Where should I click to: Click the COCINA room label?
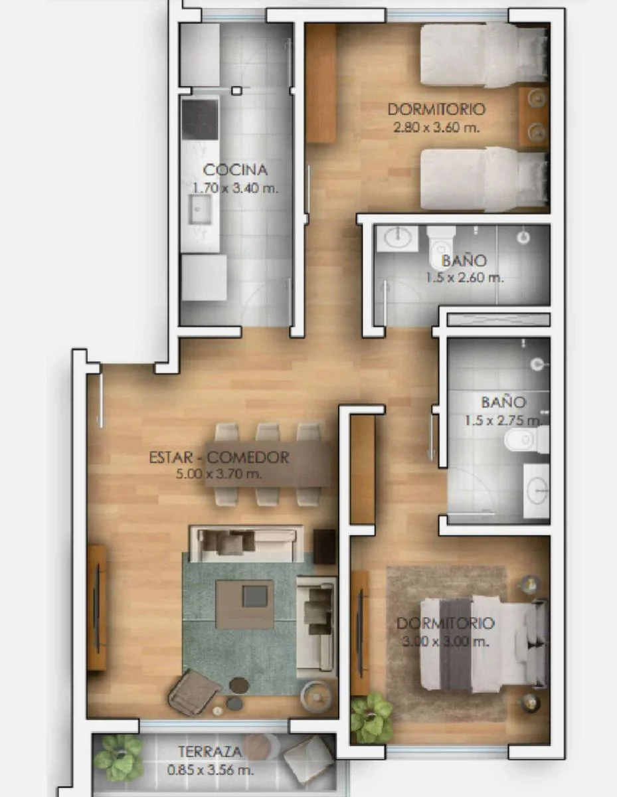(235, 170)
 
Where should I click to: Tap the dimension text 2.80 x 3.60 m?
(436, 128)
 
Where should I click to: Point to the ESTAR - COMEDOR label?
(219, 458)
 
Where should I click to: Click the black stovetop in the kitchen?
(200, 120)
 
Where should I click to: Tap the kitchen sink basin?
(199, 209)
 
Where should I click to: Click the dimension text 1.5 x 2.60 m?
(464, 278)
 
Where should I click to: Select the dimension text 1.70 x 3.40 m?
(235, 188)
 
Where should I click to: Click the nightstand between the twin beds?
(534, 118)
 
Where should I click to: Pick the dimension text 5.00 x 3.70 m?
(219, 474)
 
